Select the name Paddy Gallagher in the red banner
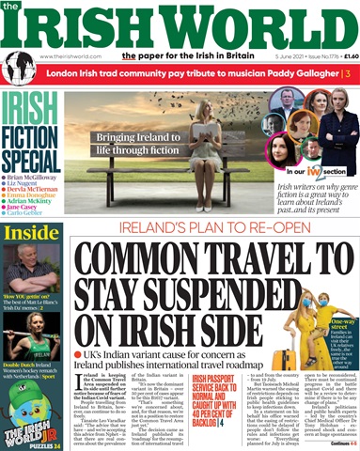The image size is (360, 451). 292,73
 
